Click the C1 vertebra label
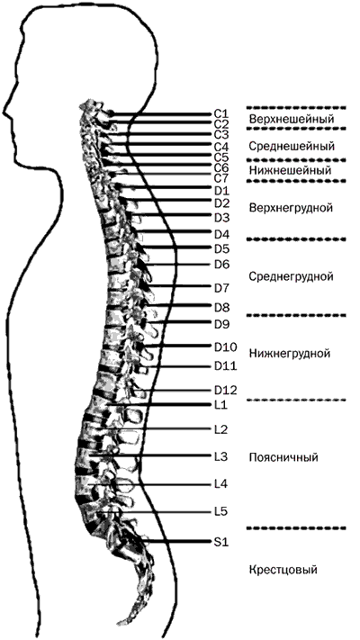pyautogui.click(x=221, y=113)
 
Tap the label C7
pyautogui.click(x=221, y=178)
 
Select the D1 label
pyautogui.click(x=222, y=191)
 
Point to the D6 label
pyautogui.click(x=222, y=265)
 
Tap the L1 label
pyautogui.click(x=220, y=405)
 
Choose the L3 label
pyautogui.click(x=220, y=456)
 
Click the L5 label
pyautogui.click(x=220, y=511)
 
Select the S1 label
pyautogui.click(x=221, y=542)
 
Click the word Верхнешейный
pyautogui.click(x=292, y=120)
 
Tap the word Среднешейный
pyautogui.click(x=292, y=146)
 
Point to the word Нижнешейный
pyautogui.click(x=290, y=170)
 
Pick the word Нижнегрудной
pyautogui.click(x=290, y=353)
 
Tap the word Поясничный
pyautogui.click(x=283, y=457)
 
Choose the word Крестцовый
pyautogui.click(x=283, y=570)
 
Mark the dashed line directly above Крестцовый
pyautogui.click(x=296, y=528)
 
